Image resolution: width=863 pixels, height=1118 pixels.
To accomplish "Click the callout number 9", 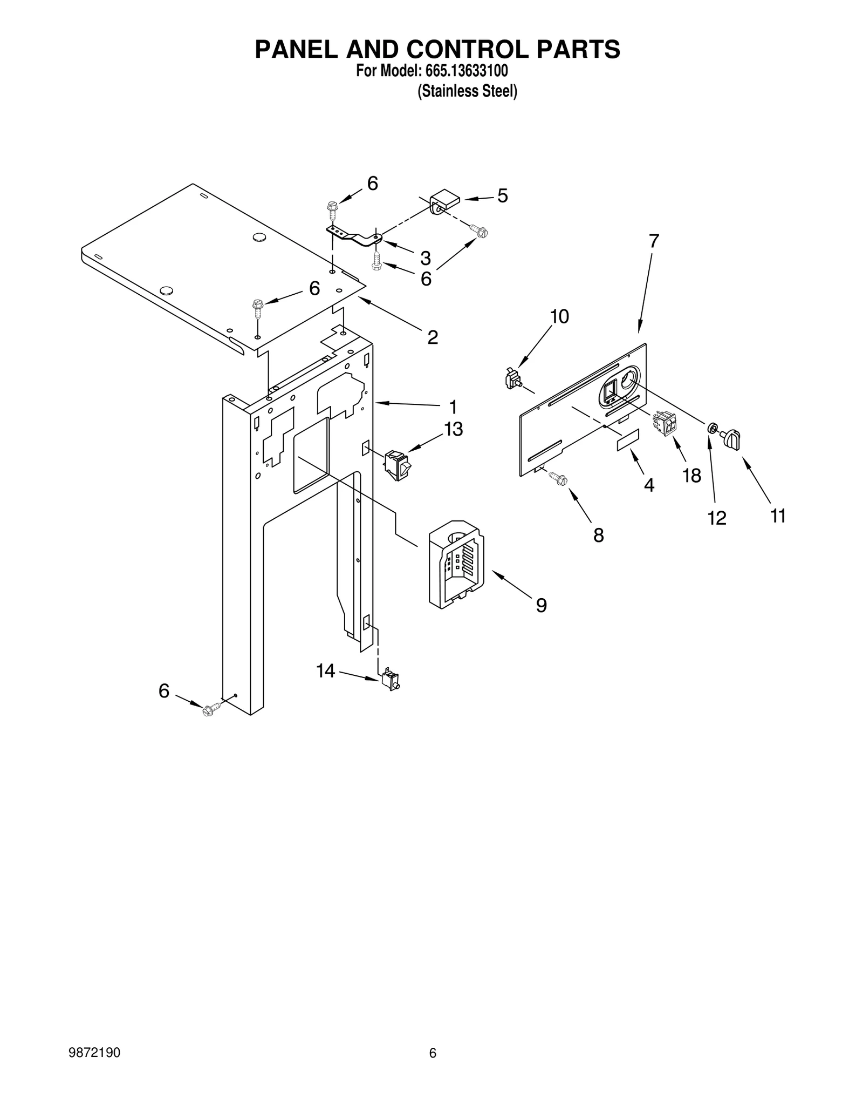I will [x=541, y=606].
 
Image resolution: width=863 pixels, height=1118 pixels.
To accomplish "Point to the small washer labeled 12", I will [x=713, y=428].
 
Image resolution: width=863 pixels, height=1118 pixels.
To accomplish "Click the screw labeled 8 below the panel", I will [x=557, y=477].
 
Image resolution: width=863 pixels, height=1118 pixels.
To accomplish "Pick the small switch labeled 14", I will [x=391, y=681].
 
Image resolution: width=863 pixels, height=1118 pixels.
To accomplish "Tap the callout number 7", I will [x=653, y=241].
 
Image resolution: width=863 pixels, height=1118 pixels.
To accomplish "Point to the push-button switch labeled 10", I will [x=512, y=378].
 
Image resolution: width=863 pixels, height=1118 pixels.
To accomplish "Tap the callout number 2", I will [x=432, y=337].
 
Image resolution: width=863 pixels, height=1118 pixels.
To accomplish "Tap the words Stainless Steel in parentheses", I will [x=468, y=91].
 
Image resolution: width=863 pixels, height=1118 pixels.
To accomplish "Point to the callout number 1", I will [x=453, y=406].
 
